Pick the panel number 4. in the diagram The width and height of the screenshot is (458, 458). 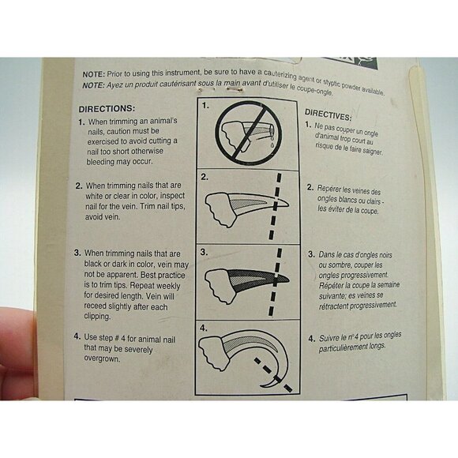click(x=205, y=325)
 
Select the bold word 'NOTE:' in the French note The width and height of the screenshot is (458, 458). click(x=94, y=85)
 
